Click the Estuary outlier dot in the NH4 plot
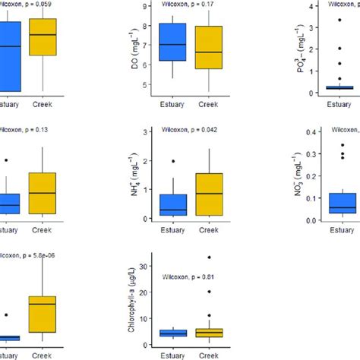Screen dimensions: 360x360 tap(174, 161)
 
